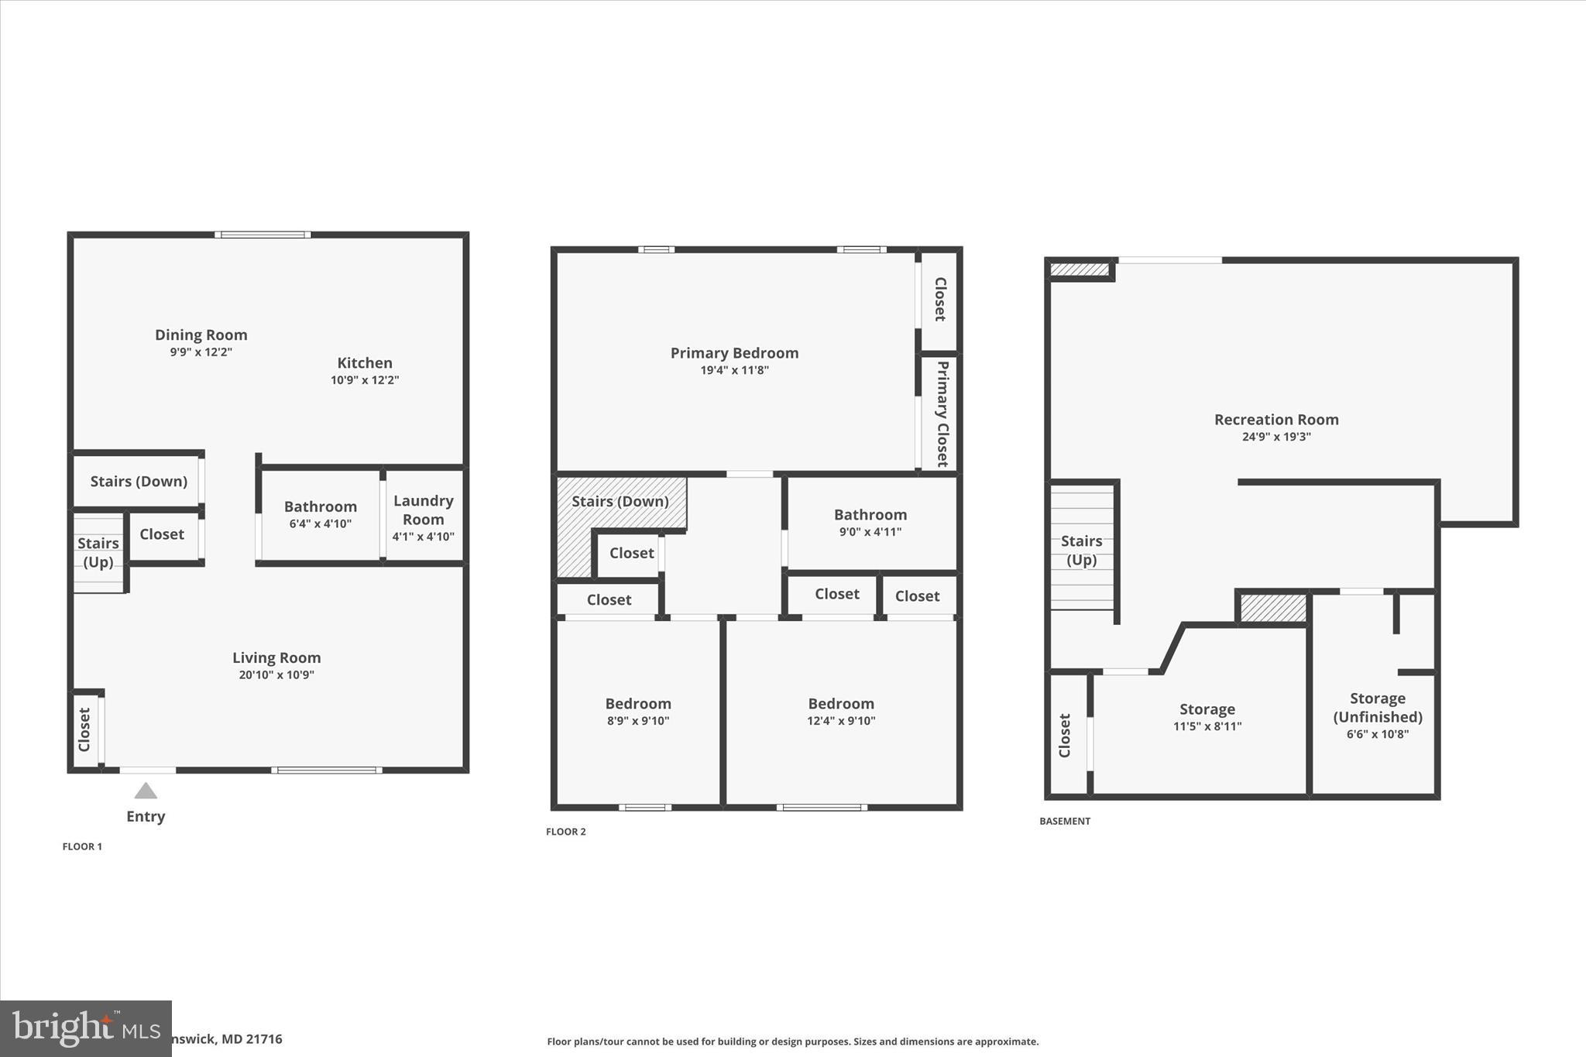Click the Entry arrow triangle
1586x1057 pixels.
[x=146, y=791]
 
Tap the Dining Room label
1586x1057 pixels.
[x=201, y=335]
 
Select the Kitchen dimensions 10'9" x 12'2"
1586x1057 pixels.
[x=364, y=380]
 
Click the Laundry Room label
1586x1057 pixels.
[x=423, y=510]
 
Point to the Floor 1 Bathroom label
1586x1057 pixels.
[x=320, y=506]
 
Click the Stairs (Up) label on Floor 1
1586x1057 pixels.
[x=98, y=552]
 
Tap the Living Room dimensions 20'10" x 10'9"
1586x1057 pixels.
[x=276, y=674]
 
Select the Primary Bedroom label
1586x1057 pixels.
[x=733, y=353]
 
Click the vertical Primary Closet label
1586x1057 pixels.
[x=942, y=414]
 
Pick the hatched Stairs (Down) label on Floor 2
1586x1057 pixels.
[x=620, y=501]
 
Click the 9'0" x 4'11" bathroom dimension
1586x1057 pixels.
[x=870, y=532]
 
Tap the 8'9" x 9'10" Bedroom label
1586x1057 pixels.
[x=637, y=704]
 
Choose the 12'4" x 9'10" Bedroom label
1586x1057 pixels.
[x=840, y=704]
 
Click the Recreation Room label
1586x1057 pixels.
[x=1275, y=420]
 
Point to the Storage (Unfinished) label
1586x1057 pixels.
[x=1377, y=707]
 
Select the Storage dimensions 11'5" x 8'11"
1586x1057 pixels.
[x=1207, y=726]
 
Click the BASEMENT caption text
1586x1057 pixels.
[x=1064, y=821]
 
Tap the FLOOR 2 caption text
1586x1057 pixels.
[x=565, y=832]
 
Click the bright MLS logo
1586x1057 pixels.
[x=85, y=1028]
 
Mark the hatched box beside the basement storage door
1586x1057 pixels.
[x=1272, y=607]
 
